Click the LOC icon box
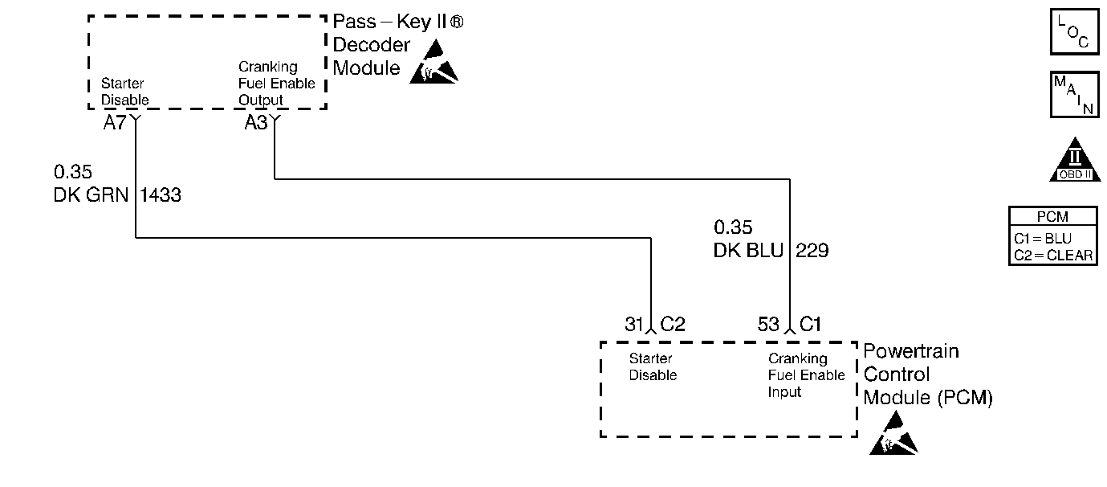point(1074,31)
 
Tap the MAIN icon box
point(1074,94)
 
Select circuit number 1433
point(161,194)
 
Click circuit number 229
point(812,251)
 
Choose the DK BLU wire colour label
point(748,251)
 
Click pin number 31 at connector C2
point(634,324)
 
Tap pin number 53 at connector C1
point(768,324)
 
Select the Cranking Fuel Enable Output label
point(276,84)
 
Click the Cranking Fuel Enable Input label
point(806,375)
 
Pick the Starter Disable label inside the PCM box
point(653,367)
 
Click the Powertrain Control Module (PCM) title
point(927,374)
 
